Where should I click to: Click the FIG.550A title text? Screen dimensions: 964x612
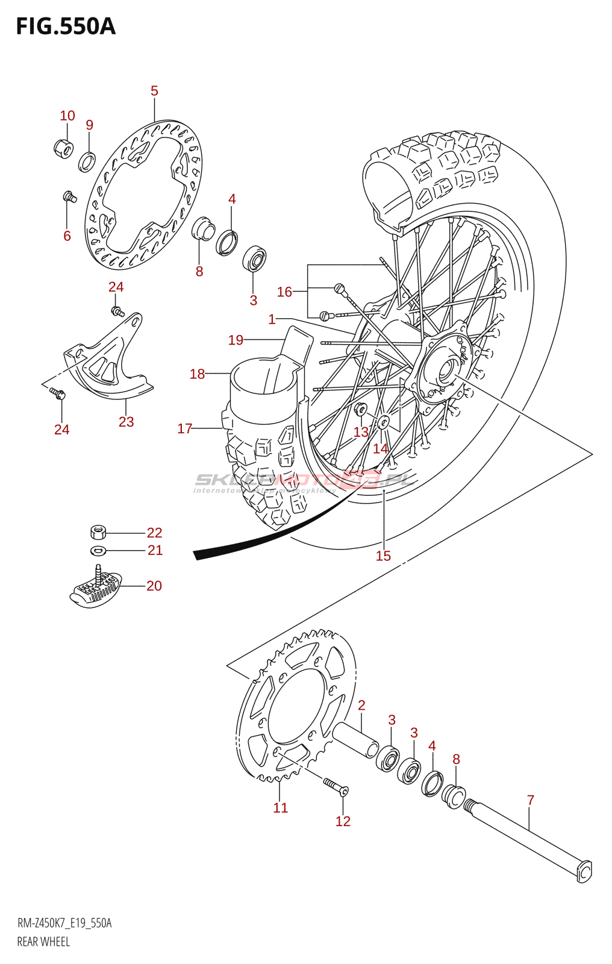[65, 27]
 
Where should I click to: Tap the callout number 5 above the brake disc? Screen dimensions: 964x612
[154, 91]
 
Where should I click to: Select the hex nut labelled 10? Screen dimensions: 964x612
[63, 148]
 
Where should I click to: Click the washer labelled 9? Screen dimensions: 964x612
[87, 162]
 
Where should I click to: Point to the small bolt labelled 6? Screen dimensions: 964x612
[69, 196]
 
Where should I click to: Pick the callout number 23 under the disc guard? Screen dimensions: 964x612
[126, 422]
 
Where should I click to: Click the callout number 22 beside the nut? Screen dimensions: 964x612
[154, 533]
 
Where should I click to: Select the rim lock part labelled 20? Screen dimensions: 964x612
[96, 589]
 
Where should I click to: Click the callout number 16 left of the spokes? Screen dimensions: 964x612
[284, 292]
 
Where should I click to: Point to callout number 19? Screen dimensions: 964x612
[236, 340]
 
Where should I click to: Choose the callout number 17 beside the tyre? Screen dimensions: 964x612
[184, 428]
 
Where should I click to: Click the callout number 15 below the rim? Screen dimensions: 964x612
[383, 556]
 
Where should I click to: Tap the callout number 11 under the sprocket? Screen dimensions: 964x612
[281, 808]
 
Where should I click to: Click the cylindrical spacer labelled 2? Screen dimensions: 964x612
[355, 739]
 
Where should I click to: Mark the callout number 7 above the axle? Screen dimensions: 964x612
[530, 800]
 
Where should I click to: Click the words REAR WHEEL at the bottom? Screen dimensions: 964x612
[43, 942]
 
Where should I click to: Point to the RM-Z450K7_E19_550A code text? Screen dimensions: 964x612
[64, 923]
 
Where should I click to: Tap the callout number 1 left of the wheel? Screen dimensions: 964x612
[272, 319]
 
